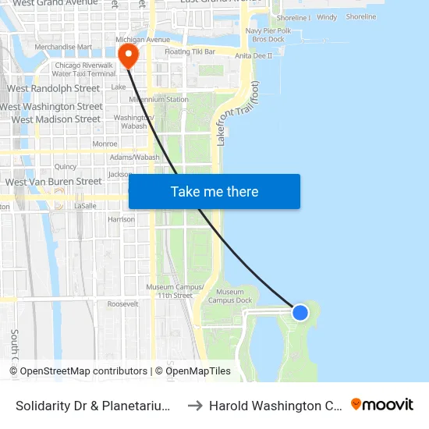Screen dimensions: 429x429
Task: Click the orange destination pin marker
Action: coord(128,54)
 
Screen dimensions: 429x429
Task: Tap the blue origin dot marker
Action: coord(300,313)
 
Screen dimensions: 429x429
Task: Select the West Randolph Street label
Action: coord(53,88)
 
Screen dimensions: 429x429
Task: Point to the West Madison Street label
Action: coord(56,119)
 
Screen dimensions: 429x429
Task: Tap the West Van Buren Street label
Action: coord(53,182)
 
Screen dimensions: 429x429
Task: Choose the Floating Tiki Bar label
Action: coord(190,52)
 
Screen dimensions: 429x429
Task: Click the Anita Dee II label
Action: coord(253,56)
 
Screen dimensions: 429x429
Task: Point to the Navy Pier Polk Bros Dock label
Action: coord(268,34)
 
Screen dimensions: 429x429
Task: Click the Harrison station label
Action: coord(121,220)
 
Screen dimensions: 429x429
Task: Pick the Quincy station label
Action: coord(66,166)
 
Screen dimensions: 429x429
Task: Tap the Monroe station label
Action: coord(105,144)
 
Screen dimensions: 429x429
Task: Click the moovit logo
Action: coord(382,404)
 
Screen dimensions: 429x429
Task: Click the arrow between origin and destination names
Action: coord(194,406)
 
